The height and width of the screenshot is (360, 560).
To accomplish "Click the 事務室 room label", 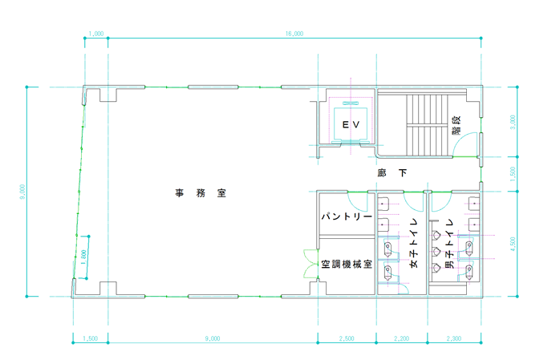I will [201, 193].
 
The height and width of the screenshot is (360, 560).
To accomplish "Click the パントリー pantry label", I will [346, 217].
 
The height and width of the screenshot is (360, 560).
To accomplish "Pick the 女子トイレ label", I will [414, 243].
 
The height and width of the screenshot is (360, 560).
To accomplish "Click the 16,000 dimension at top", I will [294, 34].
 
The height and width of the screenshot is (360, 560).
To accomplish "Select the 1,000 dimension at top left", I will [96, 34].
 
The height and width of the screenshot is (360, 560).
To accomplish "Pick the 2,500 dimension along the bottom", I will [347, 339].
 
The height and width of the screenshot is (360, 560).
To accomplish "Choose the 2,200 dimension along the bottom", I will [402, 339].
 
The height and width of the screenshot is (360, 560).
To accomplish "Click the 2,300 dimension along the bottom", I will [453, 339].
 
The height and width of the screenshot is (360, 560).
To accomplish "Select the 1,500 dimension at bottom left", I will [90, 339].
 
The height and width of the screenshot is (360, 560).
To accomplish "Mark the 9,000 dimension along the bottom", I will [213, 339].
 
